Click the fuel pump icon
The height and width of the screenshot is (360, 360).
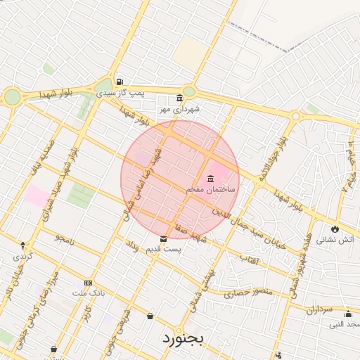(120, 82)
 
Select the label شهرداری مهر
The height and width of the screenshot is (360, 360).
(180, 109)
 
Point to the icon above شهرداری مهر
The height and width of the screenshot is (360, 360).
(180, 98)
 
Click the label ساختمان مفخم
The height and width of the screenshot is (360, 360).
(211, 190)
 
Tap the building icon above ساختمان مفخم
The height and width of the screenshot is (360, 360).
(211, 179)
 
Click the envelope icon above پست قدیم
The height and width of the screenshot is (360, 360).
(164, 239)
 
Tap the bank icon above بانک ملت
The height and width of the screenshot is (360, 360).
(87, 281)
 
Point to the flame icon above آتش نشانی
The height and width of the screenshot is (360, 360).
(335, 229)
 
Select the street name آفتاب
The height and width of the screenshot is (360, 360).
(248, 260)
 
